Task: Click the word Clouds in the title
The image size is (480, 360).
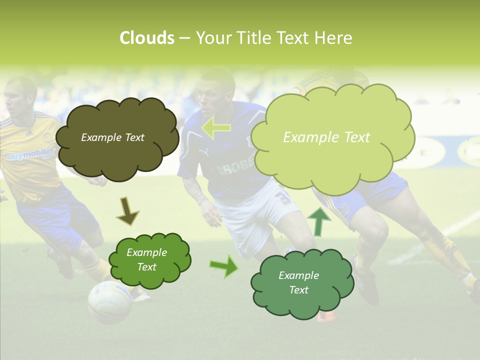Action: [x=146, y=38]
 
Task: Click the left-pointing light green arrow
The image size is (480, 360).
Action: [x=216, y=128]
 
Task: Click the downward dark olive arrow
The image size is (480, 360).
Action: [x=127, y=211]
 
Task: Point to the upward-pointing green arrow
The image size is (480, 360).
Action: [x=318, y=221]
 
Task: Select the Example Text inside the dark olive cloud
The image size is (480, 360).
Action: [x=112, y=137]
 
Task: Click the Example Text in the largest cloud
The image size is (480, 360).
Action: [x=326, y=137]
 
